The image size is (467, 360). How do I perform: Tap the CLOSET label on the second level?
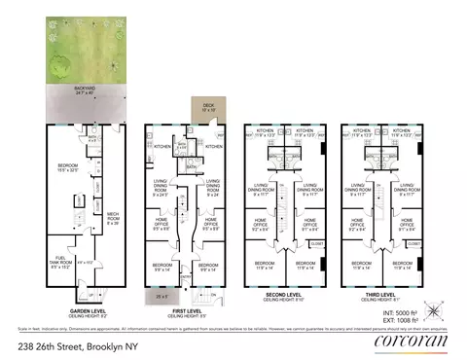tap(315, 245)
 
